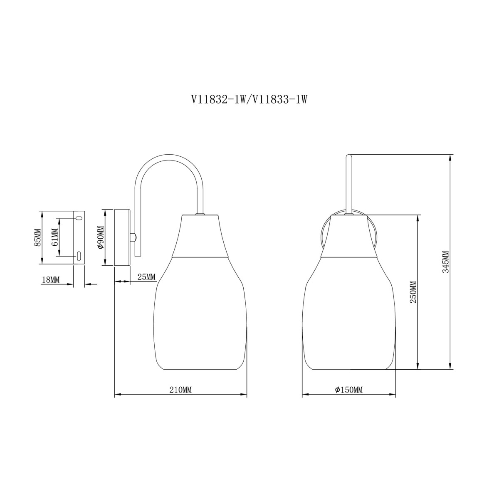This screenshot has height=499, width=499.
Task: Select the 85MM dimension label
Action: click(x=38, y=237)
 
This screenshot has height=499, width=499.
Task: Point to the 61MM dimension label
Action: click(x=54, y=237)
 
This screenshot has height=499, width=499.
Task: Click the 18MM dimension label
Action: click(x=51, y=280)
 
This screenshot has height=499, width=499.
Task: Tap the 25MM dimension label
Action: click(x=146, y=277)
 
